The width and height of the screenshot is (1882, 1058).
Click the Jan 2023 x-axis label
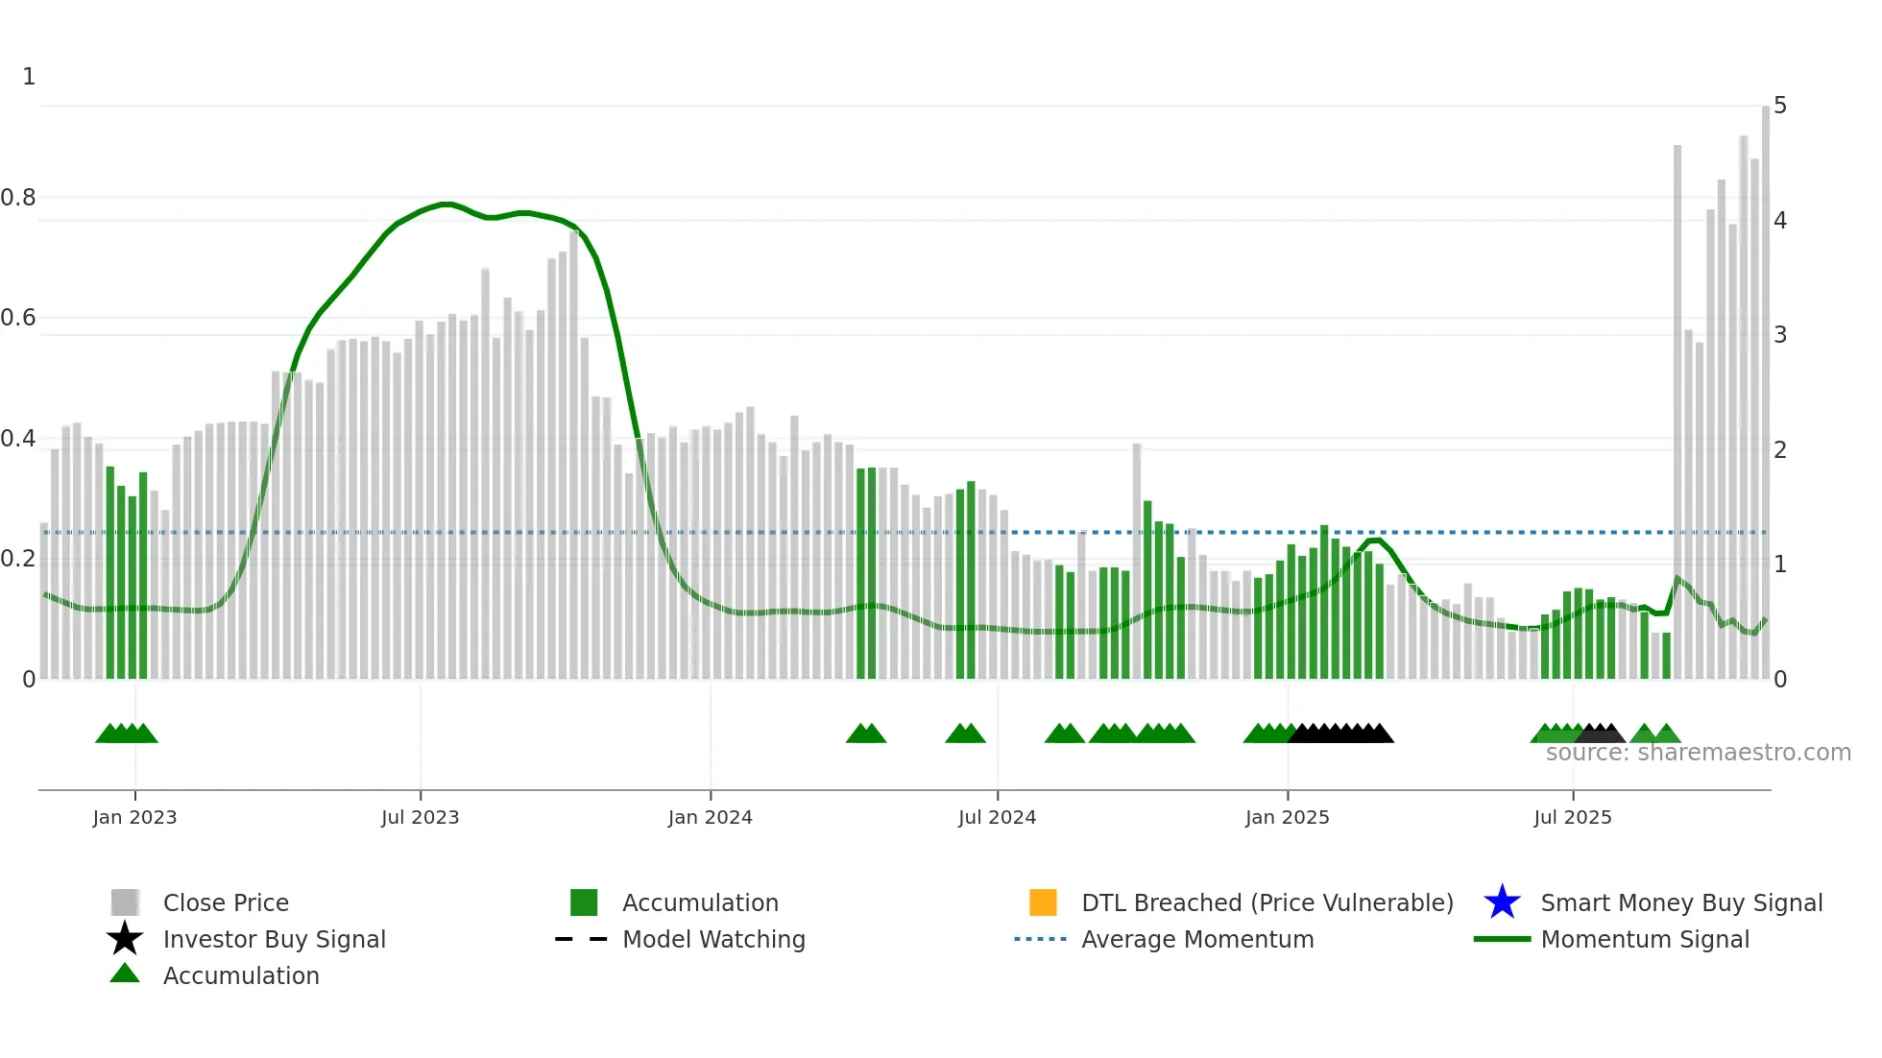(x=134, y=817)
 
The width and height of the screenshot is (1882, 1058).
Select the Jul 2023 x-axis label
(x=420, y=817)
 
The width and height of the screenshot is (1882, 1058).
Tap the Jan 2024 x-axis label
(x=710, y=817)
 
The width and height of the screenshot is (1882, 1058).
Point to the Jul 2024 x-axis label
(x=997, y=817)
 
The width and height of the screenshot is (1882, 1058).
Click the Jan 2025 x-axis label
(x=1287, y=817)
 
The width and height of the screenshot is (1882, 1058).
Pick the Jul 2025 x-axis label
(x=1572, y=817)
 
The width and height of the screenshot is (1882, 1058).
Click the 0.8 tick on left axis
(x=19, y=198)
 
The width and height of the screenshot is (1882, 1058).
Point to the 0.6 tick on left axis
(x=19, y=318)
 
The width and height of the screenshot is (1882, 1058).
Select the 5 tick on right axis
(x=1779, y=106)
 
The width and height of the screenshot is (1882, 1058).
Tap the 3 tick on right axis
(x=1779, y=335)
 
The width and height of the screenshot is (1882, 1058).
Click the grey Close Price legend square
(x=125, y=902)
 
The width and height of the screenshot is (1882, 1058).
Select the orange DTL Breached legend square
(x=1043, y=902)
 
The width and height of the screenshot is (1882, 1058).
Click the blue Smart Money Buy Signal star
(x=1502, y=902)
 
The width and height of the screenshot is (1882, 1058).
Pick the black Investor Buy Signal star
(x=125, y=939)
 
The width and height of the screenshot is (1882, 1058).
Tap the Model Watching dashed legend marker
(x=581, y=939)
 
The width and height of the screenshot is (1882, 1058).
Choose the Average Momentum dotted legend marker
(x=1040, y=939)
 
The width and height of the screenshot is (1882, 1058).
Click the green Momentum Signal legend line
(x=1502, y=939)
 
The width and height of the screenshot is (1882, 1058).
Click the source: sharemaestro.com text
(x=1698, y=753)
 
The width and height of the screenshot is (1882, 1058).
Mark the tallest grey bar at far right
(x=1765, y=384)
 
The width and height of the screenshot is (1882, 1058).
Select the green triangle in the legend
(x=125, y=974)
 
